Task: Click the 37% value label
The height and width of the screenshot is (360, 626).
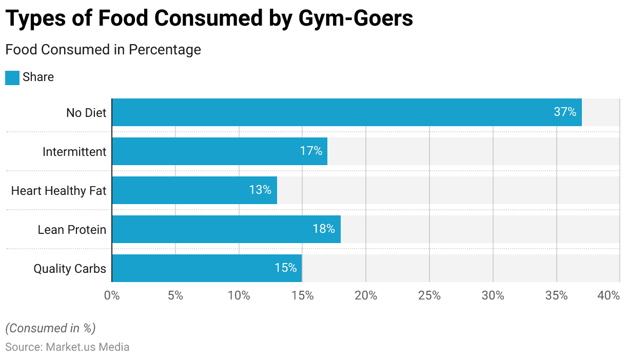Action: [565, 112]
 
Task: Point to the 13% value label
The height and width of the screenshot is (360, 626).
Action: [260, 190]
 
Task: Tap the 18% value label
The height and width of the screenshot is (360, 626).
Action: [324, 229]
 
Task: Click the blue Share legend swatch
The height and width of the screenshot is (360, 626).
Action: [12, 77]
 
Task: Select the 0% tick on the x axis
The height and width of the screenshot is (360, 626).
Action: [111, 296]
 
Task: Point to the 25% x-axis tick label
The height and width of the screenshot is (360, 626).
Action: [429, 296]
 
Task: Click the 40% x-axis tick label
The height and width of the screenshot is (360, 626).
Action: [609, 296]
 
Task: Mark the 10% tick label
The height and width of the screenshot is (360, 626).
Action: [239, 296]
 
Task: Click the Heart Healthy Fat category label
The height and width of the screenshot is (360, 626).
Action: [58, 191]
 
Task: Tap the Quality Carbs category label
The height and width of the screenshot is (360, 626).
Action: [70, 269]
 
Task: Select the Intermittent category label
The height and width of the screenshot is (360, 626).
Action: [74, 152]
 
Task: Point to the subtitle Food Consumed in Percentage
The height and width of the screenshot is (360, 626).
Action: [103, 50]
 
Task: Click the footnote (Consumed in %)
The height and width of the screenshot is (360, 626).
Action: [50, 328]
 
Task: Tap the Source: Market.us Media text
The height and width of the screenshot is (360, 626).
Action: [67, 347]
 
